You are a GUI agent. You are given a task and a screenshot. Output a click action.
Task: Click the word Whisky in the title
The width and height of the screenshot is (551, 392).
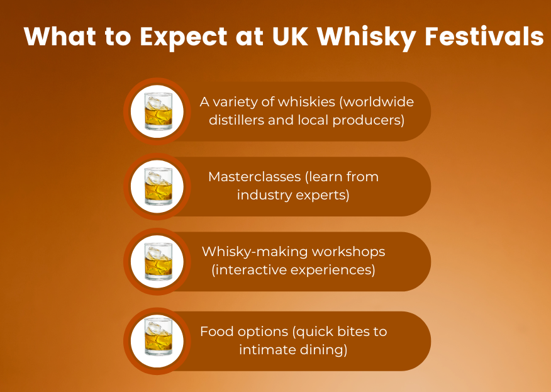[x=367, y=37]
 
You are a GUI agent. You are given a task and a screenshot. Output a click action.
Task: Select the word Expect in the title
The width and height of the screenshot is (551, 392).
[x=184, y=38]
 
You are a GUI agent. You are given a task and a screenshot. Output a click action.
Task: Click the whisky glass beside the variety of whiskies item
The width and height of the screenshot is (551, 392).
[x=159, y=111]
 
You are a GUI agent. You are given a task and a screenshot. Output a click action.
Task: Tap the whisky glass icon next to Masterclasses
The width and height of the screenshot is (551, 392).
[x=159, y=186]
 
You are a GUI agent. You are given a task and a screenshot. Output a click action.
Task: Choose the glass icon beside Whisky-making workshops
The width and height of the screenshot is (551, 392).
[x=159, y=261]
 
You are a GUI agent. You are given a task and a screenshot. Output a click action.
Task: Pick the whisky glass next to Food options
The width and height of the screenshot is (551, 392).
[x=159, y=341]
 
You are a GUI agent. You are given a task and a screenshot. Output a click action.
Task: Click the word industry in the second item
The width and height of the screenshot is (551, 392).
[x=262, y=195]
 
